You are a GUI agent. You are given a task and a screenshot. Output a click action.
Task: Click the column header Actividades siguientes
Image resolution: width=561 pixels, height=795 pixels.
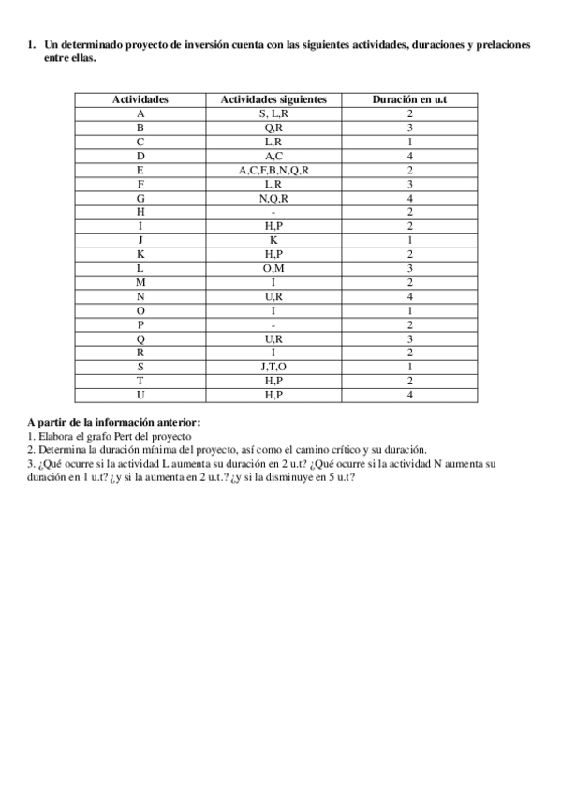[273, 98]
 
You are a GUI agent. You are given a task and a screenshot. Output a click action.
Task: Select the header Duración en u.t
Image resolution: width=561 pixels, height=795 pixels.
[409, 98]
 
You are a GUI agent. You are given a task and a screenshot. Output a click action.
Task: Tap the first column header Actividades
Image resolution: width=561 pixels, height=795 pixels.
[140, 98]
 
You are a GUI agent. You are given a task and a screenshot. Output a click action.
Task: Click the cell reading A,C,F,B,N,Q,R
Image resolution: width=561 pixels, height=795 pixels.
[273, 170]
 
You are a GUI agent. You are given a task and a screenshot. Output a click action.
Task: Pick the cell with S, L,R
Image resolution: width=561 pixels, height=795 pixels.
[273, 112]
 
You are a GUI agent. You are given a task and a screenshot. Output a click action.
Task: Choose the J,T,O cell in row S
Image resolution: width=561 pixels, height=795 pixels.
[273, 367]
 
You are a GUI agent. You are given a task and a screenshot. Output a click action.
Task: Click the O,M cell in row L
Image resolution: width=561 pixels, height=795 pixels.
[273, 268]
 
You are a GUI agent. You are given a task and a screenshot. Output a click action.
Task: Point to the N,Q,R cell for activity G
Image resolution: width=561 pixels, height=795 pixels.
[273, 198]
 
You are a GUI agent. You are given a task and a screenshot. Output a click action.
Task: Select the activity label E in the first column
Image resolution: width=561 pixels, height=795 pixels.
[140, 170]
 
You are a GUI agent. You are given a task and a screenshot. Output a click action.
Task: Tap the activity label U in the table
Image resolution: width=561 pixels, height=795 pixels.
[140, 396]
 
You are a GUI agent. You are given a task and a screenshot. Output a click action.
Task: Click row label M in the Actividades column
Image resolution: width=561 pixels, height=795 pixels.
[140, 282]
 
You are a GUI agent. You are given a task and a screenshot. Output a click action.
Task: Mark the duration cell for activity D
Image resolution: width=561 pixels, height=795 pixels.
[409, 156]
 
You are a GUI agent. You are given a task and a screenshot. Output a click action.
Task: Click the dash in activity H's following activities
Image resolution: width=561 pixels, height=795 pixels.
[273, 212]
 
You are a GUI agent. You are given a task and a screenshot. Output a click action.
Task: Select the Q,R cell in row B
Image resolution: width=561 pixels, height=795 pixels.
[273, 127]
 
